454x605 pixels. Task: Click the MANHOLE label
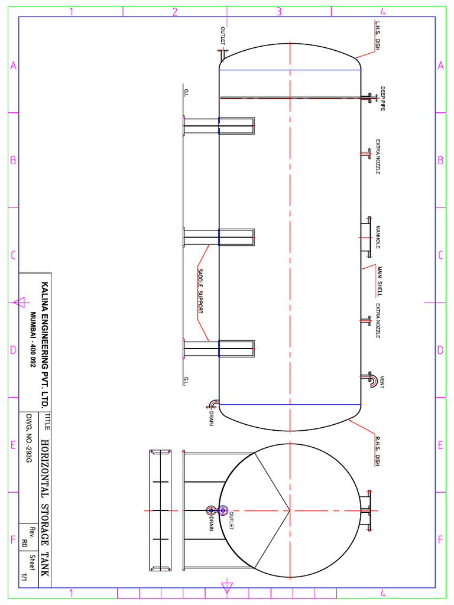tap(378, 238)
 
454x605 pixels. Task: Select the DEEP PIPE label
tap(382, 99)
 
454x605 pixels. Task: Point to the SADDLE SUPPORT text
tap(200, 292)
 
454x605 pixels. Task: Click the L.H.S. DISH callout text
tap(378, 36)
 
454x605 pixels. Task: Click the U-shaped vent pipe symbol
tap(372, 380)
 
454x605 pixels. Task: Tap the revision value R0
tap(25, 543)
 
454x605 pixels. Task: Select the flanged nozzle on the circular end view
tap(367, 510)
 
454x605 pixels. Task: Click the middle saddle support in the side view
tap(219, 238)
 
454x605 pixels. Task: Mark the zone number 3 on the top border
tap(278, 11)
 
